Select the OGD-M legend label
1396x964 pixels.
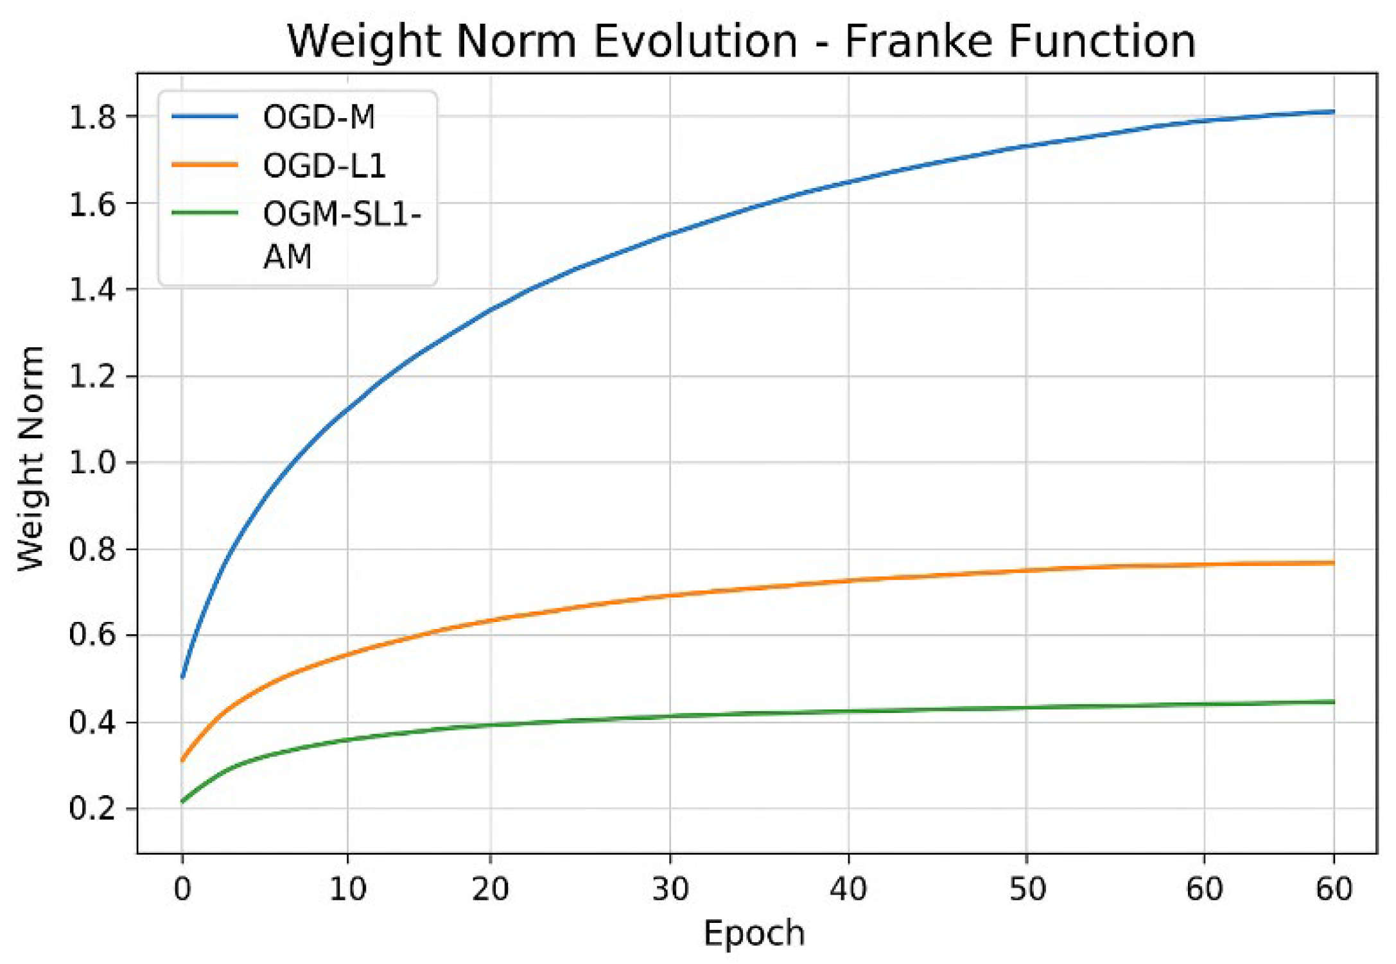(319, 117)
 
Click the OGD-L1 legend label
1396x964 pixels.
(324, 166)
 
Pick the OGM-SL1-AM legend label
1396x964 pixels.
(341, 235)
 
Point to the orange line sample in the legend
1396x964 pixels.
(205, 165)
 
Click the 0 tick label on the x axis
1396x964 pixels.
(182, 890)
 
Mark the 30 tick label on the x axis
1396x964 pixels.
(670, 890)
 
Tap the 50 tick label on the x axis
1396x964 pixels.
(1027, 890)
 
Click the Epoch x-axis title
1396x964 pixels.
(754, 933)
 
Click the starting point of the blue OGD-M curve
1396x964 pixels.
(182, 677)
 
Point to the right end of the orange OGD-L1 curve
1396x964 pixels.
(1334, 563)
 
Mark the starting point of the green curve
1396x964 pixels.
(182, 802)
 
